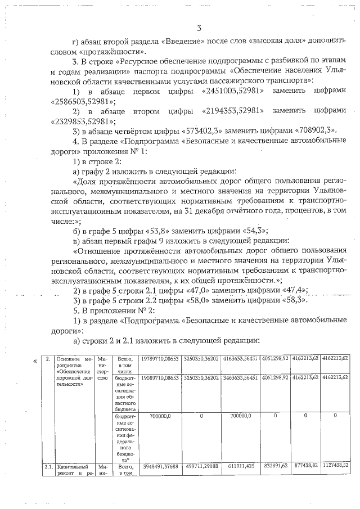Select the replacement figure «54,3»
coord(253,231)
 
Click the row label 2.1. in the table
coord(47,467)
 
